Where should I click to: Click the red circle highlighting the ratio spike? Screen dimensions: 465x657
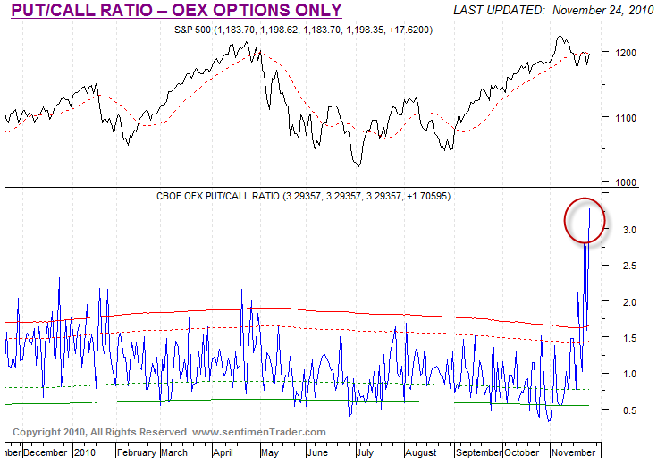[x=585, y=219]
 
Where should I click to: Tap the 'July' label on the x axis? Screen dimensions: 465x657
[x=366, y=452]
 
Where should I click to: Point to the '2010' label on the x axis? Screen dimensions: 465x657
[x=84, y=452]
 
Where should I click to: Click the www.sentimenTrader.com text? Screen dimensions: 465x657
[x=259, y=432]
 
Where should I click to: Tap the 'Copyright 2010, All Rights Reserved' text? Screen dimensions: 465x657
[x=98, y=432]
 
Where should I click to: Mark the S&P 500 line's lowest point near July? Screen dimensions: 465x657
[x=358, y=165]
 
